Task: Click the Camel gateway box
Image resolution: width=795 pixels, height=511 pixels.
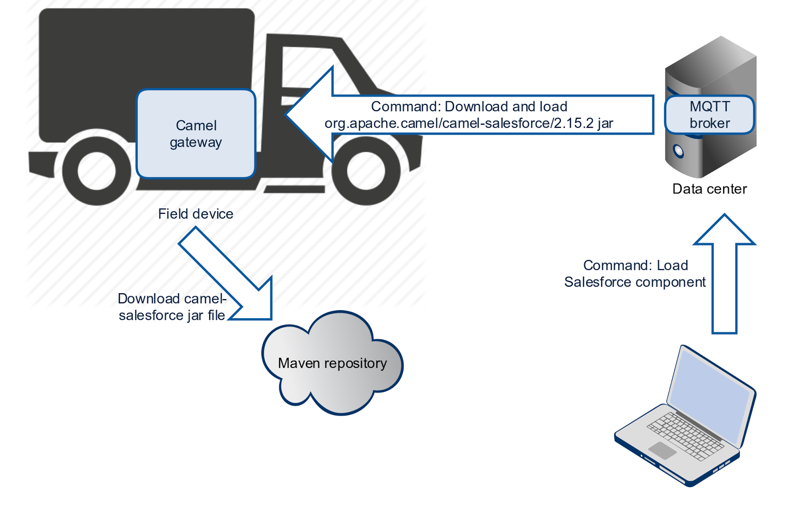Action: pos(196,134)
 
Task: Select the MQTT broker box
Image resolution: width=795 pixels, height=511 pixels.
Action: pos(710,115)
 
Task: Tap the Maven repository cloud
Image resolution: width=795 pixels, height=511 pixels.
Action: pos(332,364)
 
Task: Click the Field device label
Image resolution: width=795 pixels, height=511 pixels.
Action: pos(196,214)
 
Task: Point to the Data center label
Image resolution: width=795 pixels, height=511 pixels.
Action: pos(709,189)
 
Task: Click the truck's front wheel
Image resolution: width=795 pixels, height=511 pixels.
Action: pos(366,170)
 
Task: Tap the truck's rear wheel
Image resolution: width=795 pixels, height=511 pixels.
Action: pos(96,170)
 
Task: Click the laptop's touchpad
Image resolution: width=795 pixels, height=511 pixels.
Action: pos(662,450)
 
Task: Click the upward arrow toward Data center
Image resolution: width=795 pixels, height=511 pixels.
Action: pos(724,273)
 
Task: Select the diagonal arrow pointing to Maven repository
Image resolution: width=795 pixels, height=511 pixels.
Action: pos(229,273)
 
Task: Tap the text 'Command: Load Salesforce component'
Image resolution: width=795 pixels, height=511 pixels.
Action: pos(635,273)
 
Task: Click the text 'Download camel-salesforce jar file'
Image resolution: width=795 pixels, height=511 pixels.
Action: pos(172,307)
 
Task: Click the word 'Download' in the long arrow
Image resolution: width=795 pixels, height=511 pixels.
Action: pos(476,106)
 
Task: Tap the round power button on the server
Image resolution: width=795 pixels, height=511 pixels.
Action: pos(677,151)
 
